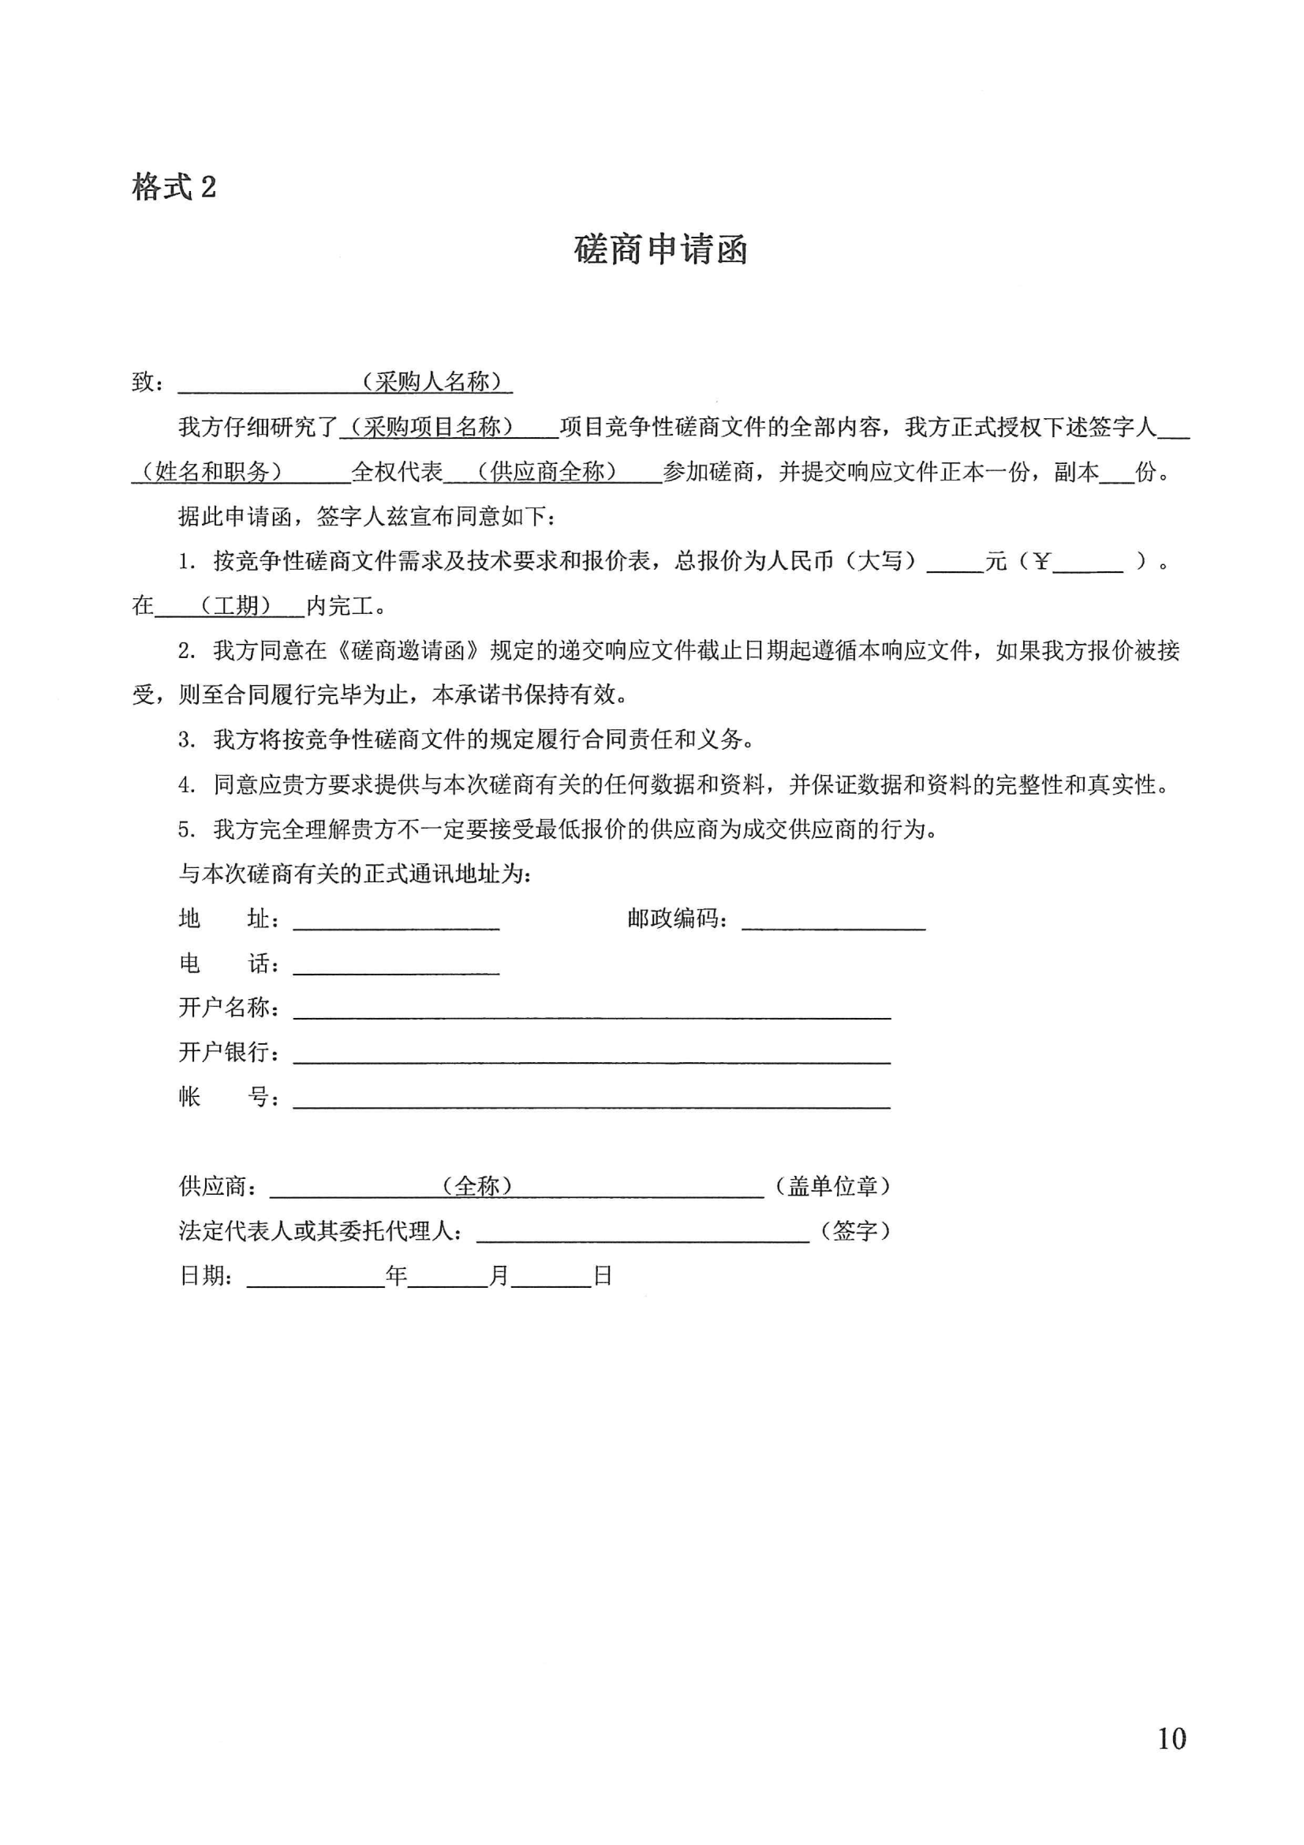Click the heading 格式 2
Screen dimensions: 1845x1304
(x=174, y=188)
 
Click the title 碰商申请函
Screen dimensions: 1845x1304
(x=660, y=250)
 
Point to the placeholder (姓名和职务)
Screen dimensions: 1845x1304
(x=212, y=472)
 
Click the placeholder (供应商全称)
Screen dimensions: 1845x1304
(x=547, y=472)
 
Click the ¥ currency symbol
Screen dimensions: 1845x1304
(x=1041, y=561)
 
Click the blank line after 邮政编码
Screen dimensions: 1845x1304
(x=833, y=921)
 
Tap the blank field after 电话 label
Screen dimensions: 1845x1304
(x=396, y=965)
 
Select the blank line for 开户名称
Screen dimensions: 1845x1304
(x=592, y=1010)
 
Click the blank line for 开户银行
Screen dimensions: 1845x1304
(x=592, y=1054)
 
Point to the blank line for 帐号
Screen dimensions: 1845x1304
(x=592, y=1099)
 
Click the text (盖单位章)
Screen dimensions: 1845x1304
(x=832, y=1186)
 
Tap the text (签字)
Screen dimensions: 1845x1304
(x=855, y=1230)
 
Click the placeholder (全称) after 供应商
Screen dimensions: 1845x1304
(x=477, y=1186)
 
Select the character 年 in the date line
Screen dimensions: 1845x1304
(x=396, y=1275)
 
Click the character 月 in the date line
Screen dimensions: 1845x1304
(x=499, y=1275)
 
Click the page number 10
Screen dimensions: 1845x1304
(x=1171, y=1739)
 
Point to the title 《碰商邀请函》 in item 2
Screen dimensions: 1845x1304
(x=408, y=650)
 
